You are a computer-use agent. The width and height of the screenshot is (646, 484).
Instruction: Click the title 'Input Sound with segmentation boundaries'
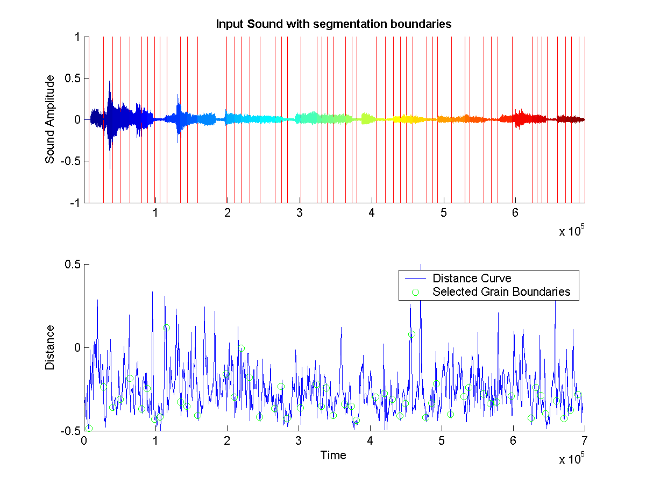[333, 24]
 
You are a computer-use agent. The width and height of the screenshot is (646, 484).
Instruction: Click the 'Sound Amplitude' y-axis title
[50, 119]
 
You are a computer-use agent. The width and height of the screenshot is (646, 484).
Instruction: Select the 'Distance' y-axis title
[50, 347]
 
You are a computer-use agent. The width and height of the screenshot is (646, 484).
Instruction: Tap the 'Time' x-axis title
[333, 455]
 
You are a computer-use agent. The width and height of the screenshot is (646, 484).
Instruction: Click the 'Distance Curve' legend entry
[472, 278]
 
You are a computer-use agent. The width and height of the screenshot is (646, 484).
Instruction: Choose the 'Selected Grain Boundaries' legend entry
[501, 292]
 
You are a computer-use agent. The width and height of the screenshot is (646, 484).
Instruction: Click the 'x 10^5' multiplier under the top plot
[571, 231]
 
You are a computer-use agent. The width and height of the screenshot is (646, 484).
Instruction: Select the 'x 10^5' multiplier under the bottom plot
[571, 459]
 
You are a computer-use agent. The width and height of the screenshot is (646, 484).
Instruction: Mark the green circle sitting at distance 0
[242, 348]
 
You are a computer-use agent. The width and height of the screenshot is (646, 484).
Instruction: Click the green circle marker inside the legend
[415, 292]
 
